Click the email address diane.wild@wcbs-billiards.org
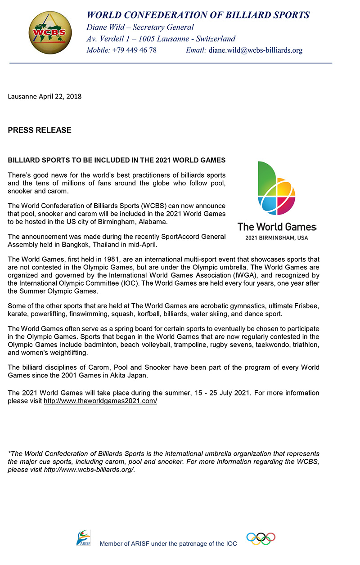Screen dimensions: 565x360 coord(255,50)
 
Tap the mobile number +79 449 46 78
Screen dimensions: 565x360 coord(134,50)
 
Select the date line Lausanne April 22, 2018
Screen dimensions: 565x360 coord(45,96)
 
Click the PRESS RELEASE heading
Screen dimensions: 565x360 coord(40,130)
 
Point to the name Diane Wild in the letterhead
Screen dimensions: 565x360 coord(106,27)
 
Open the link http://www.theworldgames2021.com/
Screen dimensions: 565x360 coord(100,400)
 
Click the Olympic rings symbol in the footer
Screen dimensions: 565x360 coord(261,538)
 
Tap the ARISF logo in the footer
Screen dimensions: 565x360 coord(83,538)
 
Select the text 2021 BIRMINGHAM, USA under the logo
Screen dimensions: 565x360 coord(277,238)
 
